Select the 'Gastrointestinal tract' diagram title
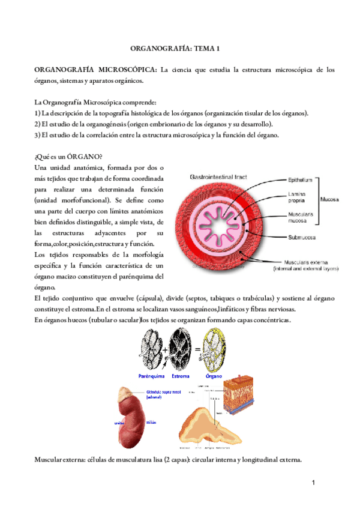pyautogui.click(x=219, y=178)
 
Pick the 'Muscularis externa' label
pyautogui.click(x=303, y=262)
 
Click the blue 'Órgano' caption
pyautogui.click(x=214, y=376)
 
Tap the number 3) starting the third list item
pyautogui.click(x=38, y=135)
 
